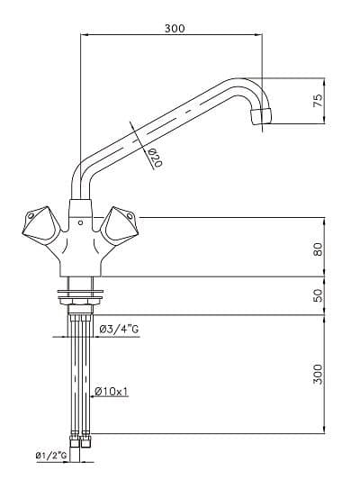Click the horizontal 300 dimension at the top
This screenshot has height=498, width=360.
point(175,29)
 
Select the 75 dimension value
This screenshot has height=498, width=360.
point(318,100)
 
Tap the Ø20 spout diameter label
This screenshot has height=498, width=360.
point(155,158)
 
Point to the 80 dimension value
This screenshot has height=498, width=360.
point(318,249)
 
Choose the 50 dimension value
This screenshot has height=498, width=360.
point(318,295)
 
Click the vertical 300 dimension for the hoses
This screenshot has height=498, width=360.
point(318,374)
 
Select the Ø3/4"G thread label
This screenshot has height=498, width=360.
point(119,329)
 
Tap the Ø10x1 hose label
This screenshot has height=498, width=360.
point(112,391)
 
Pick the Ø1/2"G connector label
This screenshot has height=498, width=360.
point(51,456)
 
